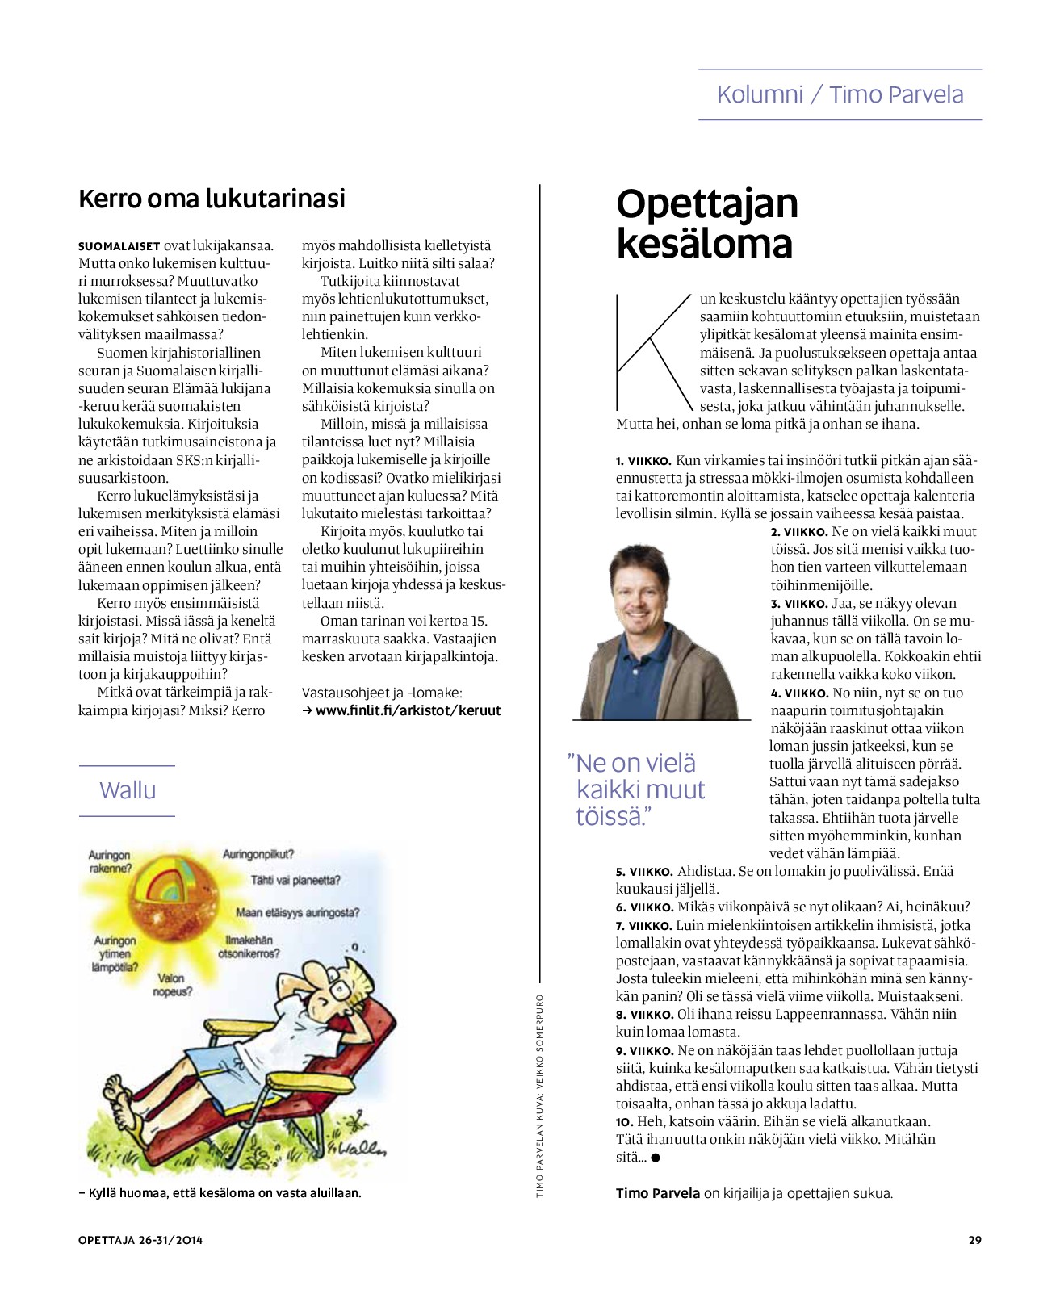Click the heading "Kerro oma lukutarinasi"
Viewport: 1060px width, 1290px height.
[212, 199]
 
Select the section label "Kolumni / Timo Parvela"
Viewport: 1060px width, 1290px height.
[840, 94]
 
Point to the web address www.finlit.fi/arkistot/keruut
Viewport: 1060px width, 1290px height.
[408, 710]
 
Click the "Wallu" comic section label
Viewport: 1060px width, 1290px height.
[128, 789]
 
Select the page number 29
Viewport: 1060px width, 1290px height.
[974, 1240]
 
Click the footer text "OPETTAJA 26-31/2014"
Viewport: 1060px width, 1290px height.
[140, 1240]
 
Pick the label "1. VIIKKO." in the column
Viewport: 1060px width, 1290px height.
[643, 461]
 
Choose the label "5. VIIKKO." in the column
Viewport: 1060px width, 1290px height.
[643, 872]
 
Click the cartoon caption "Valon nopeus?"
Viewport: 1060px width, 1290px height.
[171, 984]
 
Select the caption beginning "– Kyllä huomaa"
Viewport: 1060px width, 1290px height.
[220, 1192]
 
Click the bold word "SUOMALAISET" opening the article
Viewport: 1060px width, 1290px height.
[119, 246]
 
